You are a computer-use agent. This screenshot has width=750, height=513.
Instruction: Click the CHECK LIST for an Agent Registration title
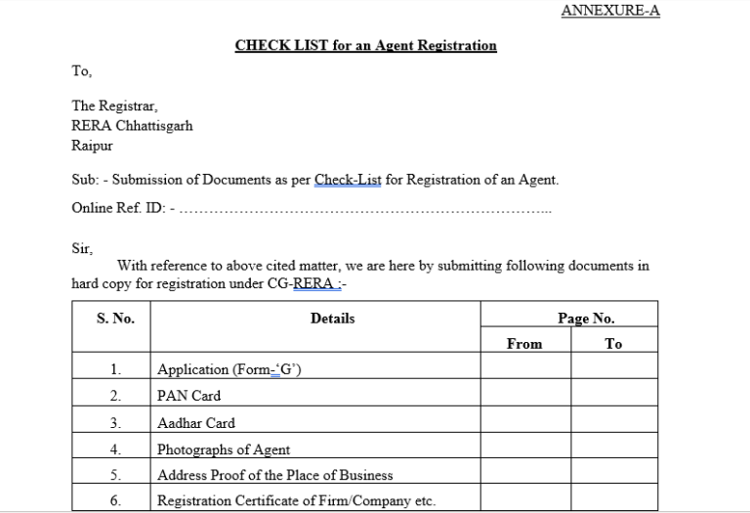pyautogui.click(x=365, y=45)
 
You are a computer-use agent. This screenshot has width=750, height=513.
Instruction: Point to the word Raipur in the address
pyautogui.click(x=93, y=145)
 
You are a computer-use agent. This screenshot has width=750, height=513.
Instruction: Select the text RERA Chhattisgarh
pyautogui.click(x=132, y=125)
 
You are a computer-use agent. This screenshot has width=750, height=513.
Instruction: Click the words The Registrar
pyautogui.click(x=114, y=106)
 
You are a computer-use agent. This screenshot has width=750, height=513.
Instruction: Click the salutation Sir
pyautogui.click(x=82, y=248)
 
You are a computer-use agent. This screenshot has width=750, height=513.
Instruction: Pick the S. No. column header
pyautogui.click(x=115, y=319)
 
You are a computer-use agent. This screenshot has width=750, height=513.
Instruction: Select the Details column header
pyautogui.click(x=332, y=319)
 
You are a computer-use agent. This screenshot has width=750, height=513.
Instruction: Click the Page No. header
pyautogui.click(x=586, y=319)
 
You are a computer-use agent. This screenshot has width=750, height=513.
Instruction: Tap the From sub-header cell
pyautogui.click(x=524, y=344)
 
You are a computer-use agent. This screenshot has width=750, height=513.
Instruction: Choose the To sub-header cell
pyautogui.click(x=613, y=344)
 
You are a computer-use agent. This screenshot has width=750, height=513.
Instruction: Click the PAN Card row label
pyautogui.click(x=188, y=396)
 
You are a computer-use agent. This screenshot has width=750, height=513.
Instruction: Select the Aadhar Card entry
pyautogui.click(x=196, y=423)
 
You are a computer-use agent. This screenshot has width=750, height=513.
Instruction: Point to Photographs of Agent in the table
pyautogui.click(x=224, y=449)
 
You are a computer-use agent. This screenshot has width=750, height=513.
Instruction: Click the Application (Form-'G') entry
pyautogui.click(x=231, y=370)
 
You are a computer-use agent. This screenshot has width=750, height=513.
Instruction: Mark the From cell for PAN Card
pyautogui.click(x=525, y=396)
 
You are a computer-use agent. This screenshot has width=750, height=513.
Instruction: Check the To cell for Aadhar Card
pyautogui.click(x=613, y=423)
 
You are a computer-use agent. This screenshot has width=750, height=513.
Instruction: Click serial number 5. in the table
pyautogui.click(x=115, y=476)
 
